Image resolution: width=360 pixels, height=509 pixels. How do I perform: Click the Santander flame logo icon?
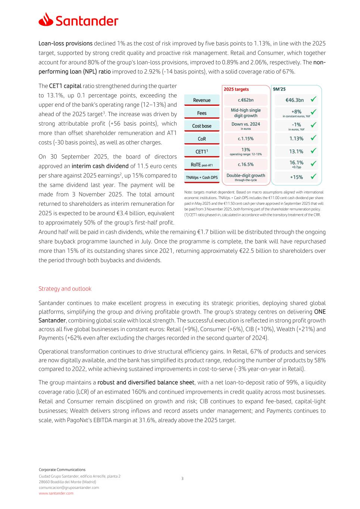pos(46,19)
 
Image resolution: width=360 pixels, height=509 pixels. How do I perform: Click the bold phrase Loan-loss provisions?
pos(66,44)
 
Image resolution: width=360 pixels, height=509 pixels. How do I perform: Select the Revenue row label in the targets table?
pos(201,100)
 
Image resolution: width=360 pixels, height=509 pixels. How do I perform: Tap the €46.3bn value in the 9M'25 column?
pos(294,100)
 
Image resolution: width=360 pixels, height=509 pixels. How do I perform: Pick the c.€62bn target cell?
pos(245,100)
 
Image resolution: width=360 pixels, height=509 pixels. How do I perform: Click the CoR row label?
pos(201,139)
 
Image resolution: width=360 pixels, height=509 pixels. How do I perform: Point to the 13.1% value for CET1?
pos(296,151)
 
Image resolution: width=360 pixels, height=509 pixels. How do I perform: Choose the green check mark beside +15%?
pos(314,176)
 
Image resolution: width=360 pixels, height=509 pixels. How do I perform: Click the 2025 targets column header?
pos(236,89)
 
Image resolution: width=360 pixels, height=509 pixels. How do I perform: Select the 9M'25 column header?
pos(279,89)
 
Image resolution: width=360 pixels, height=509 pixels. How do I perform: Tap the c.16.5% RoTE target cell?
pos(245,164)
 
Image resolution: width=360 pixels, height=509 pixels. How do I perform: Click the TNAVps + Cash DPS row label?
pos(201,177)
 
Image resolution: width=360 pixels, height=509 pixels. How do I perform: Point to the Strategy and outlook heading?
pos(65,289)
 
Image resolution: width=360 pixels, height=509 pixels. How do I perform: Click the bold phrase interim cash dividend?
pos(99,166)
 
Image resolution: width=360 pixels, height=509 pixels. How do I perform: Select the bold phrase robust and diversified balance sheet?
pos(146,383)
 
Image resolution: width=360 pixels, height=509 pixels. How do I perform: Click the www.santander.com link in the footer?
pos(56,493)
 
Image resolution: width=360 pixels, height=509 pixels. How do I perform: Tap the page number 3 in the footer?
pos(182,478)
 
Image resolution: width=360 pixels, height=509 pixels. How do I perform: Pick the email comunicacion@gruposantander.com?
pos(69,487)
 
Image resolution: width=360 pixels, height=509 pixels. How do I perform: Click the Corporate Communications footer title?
pos(62,470)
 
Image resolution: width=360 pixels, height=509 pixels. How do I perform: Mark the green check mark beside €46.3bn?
pos(314,99)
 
